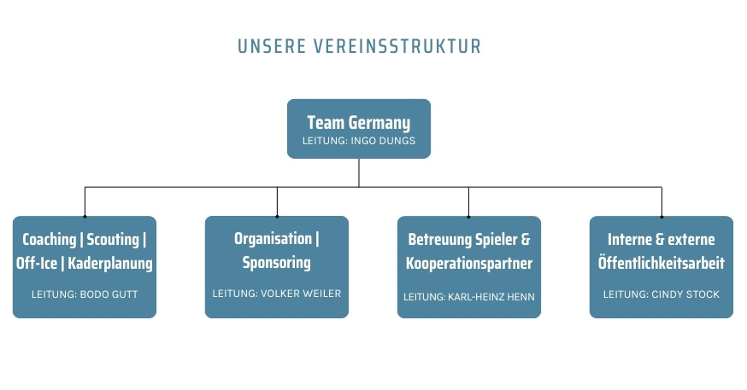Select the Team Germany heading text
[358, 123]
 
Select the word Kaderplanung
[110, 263]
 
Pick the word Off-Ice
[37, 263]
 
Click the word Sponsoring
[276, 262]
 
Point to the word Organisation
[274, 239]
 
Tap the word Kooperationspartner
[469, 263]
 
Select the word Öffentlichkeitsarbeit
[661, 263]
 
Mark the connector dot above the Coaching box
[85, 216]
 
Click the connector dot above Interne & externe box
[662, 216]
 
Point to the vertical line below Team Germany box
[359, 172]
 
